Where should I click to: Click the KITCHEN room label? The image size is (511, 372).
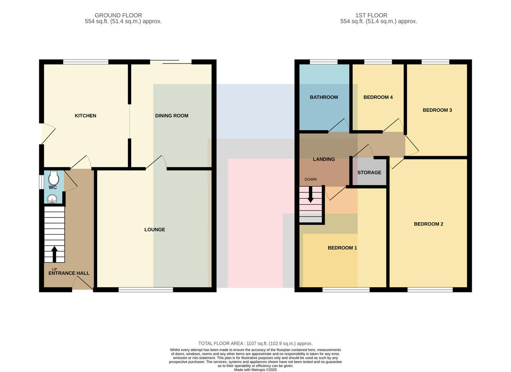coord(86,116)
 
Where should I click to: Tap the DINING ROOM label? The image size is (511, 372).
coord(172,116)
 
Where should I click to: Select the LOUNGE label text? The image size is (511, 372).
coord(155,229)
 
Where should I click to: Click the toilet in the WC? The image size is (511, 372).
coord(54,177)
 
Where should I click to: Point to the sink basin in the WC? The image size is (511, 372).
coord(52,199)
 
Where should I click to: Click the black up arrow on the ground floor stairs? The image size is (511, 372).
coord(55,254)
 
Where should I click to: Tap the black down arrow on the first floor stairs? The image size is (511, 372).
coord(310,195)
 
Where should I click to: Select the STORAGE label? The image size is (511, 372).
coord(369,172)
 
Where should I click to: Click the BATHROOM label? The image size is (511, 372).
coord(324,97)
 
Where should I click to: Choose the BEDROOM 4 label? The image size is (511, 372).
coord(378,97)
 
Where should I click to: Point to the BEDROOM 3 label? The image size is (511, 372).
coord(437,110)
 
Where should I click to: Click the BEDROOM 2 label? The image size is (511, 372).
coord(429,224)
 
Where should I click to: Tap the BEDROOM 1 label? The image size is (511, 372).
coord(342,248)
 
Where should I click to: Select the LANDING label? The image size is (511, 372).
coord(324,159)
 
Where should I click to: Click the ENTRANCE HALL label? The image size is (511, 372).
coord(69,273)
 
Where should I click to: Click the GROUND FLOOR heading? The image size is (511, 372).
coord(118,15)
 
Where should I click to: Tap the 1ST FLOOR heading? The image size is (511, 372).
coord(371,15)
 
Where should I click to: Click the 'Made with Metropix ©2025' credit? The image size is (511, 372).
coord(255,370)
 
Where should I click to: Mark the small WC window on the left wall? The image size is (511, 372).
coord(41,182)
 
